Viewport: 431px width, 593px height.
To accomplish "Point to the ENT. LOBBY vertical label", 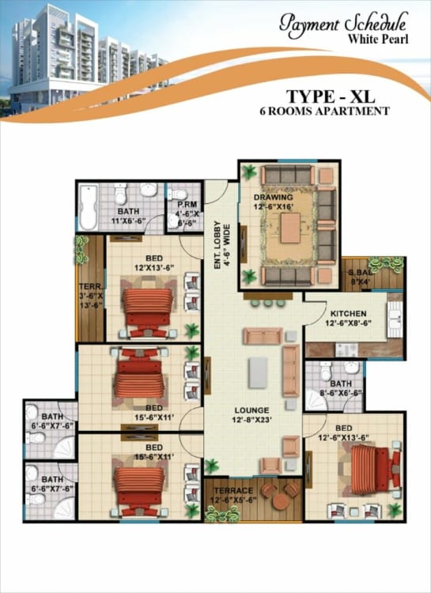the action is (221, 245).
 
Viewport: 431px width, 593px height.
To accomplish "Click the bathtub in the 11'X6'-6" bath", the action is (88, 207).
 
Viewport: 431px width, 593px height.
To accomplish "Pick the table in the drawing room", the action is (290, 228).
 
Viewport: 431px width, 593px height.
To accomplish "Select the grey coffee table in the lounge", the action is (258, 372).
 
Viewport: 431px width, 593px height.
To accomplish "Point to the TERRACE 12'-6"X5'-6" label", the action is (233, 495).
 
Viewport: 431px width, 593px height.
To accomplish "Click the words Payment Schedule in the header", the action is (343, 25).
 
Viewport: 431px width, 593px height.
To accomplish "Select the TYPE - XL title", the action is (331, 96).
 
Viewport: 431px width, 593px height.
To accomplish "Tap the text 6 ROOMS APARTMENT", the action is (324, 111).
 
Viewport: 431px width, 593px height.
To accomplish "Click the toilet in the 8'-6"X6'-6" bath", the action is (326, 371).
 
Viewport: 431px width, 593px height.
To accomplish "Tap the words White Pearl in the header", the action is (378, 40).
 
